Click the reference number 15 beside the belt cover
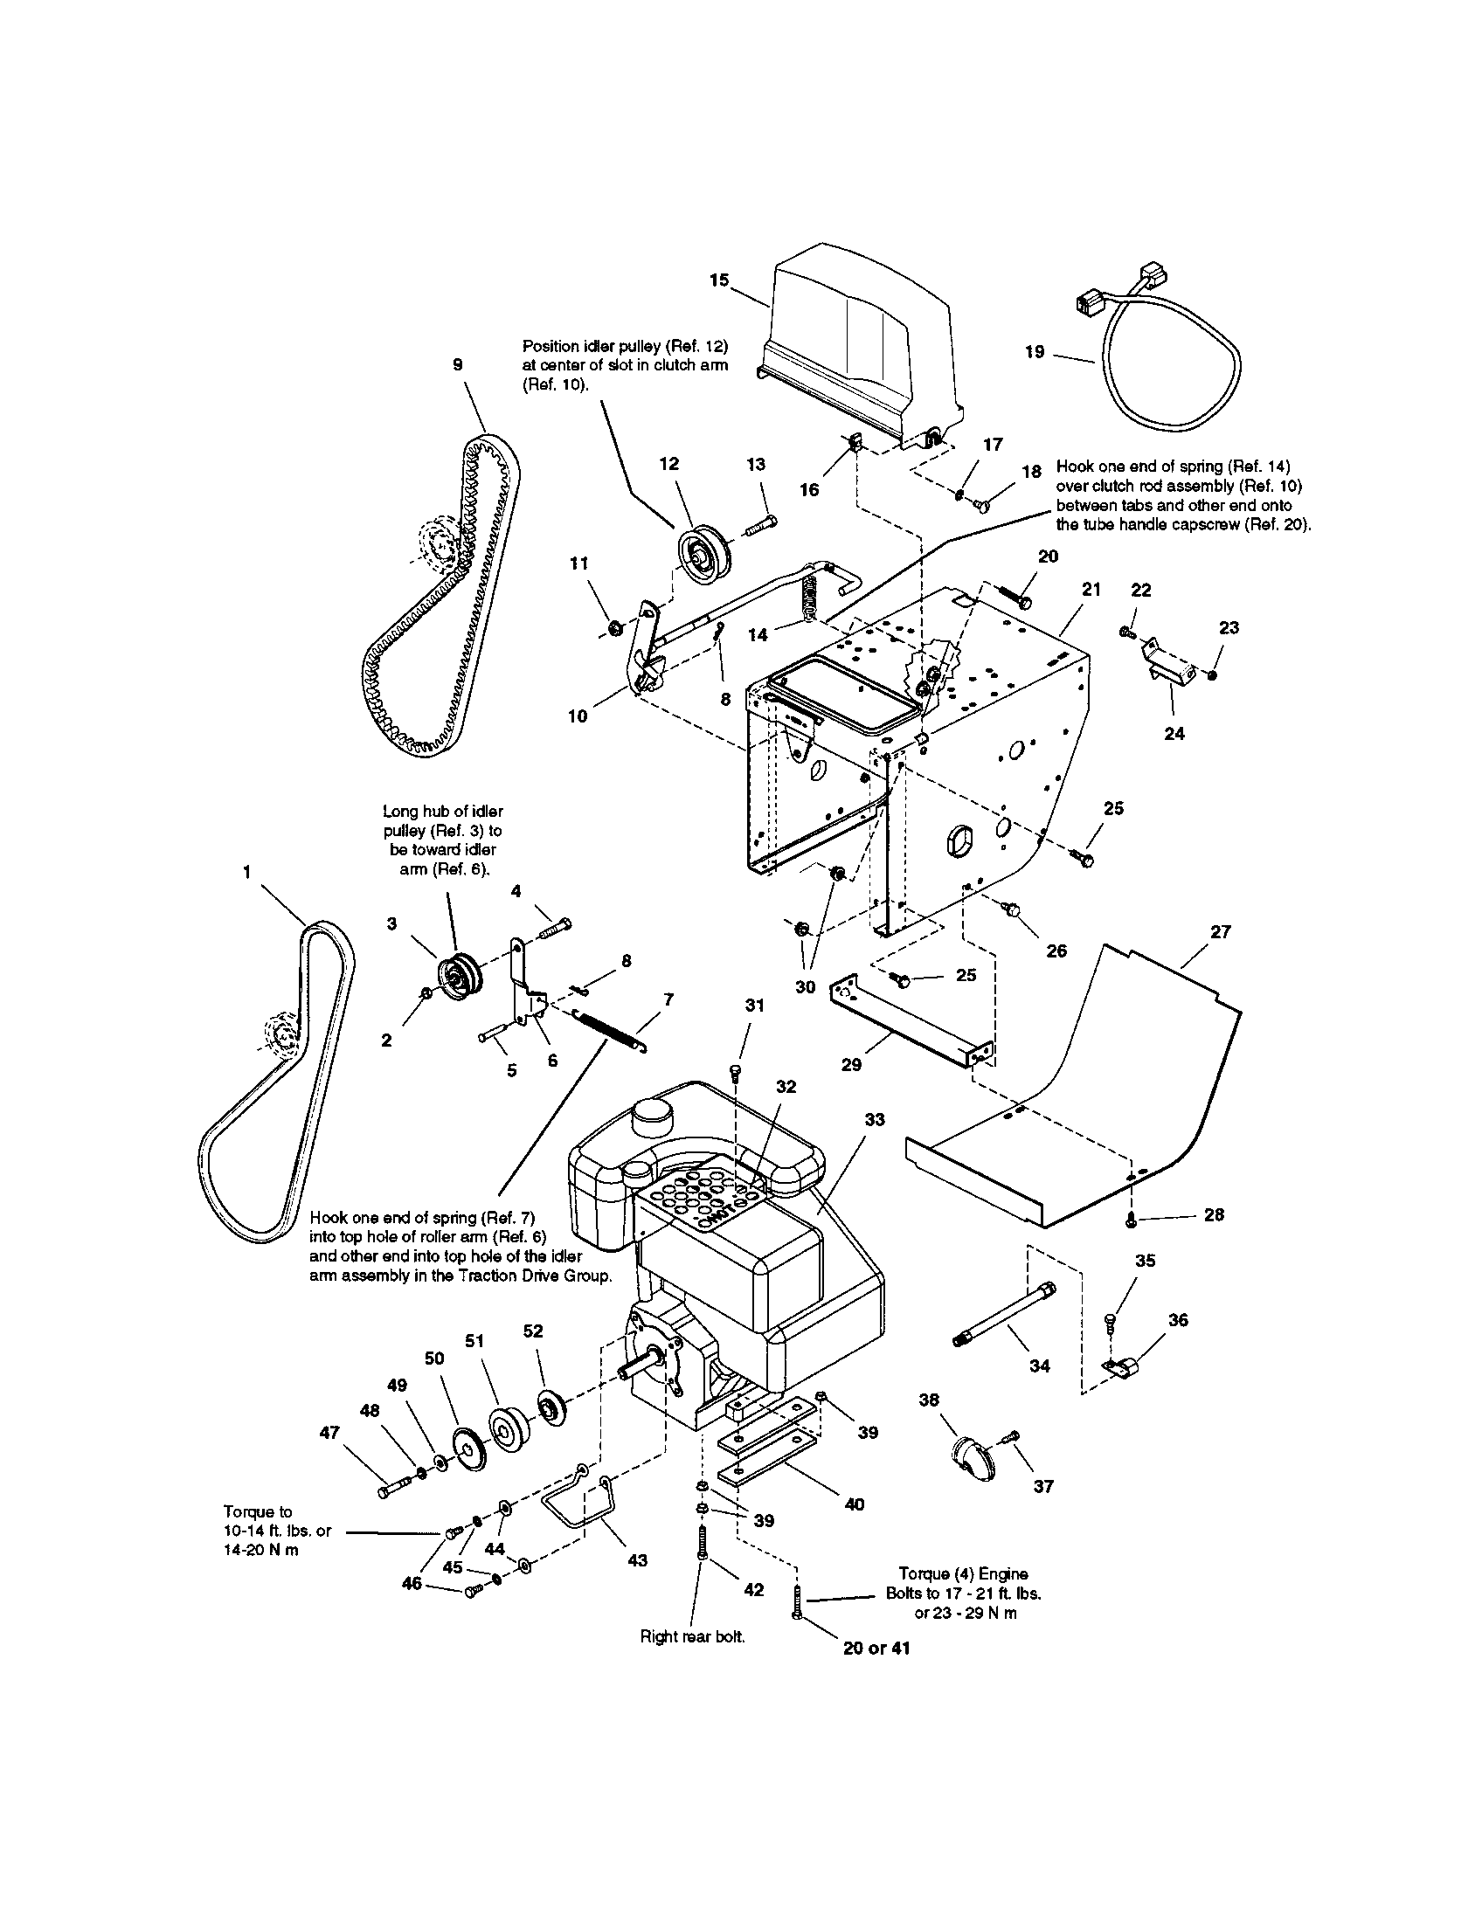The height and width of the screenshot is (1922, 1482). pyautogui.click(x=719, y=280)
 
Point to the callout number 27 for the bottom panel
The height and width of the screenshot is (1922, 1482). pyautogui.click(x=1220, y=931)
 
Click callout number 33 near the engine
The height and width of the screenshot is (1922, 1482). pyautogui.click(x=874, y=1119)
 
